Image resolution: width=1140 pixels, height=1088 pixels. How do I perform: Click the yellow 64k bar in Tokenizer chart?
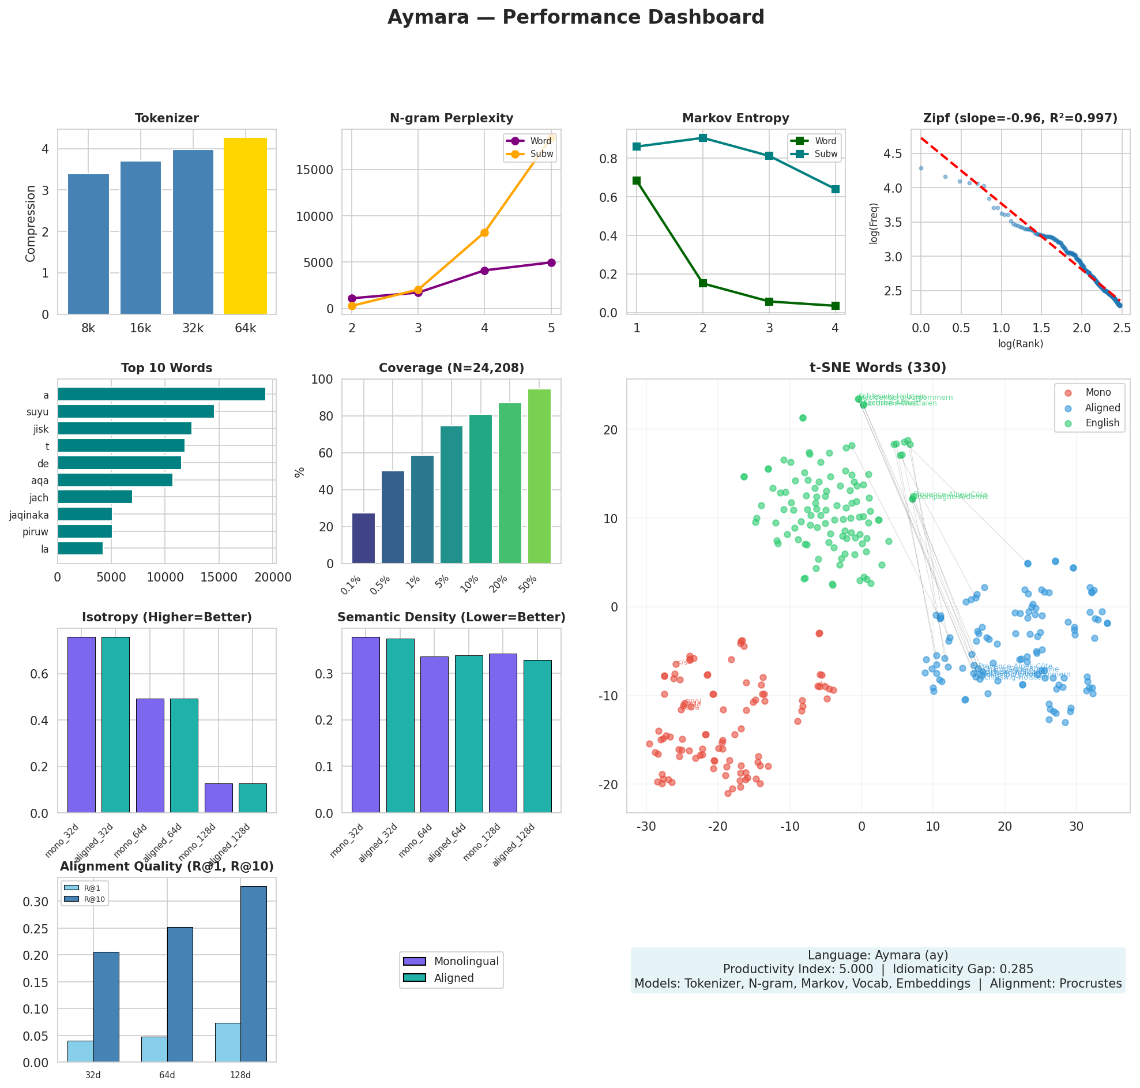click(x=245, y=226)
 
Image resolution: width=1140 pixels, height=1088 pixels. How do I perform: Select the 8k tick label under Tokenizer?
click(x=88, y=328)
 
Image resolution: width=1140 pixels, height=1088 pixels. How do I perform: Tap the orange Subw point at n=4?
click(x=484, y=232)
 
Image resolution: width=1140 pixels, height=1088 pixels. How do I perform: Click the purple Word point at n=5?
click(x=551, y=262)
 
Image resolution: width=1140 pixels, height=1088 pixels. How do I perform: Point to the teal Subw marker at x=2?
click(x=703, y=138)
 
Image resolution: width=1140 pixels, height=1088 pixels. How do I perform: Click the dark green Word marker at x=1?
click(x=637, y=181)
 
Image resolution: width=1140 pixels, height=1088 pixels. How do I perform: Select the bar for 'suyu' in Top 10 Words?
click(x=136, y=412)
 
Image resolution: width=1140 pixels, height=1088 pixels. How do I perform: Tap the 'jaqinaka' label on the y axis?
click(x=29, y=515)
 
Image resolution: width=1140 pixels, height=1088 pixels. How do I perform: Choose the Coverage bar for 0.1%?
click(x=363, y=538)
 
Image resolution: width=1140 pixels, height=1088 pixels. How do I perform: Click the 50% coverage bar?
click(x=539, y=476)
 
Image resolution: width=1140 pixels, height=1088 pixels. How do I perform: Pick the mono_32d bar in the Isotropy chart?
click(x=81, y=725)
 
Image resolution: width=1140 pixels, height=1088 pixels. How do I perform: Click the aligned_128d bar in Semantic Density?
click(x=537, y=737)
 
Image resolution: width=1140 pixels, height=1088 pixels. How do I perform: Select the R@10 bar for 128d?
click(x=254, y=974)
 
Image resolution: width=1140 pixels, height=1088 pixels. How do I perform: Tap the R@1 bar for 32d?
click(x=80, y=1052)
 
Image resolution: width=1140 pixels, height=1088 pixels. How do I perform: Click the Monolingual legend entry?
click(x=465, y=962)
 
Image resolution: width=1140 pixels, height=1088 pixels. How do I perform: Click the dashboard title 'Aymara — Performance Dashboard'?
click(x=575, y=17)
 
